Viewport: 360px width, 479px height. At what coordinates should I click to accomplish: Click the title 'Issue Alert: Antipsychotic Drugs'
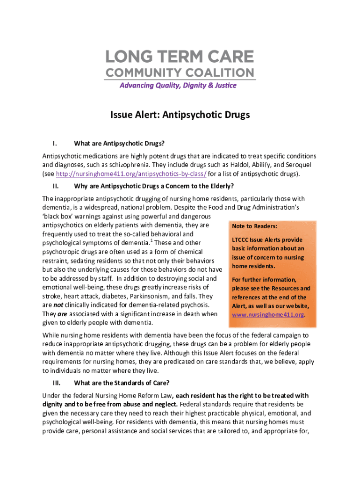180,115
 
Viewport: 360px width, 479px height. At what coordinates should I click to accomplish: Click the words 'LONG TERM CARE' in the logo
180,58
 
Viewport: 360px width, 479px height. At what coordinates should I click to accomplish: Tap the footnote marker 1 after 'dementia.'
152,240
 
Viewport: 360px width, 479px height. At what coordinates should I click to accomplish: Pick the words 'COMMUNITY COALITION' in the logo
180,73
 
